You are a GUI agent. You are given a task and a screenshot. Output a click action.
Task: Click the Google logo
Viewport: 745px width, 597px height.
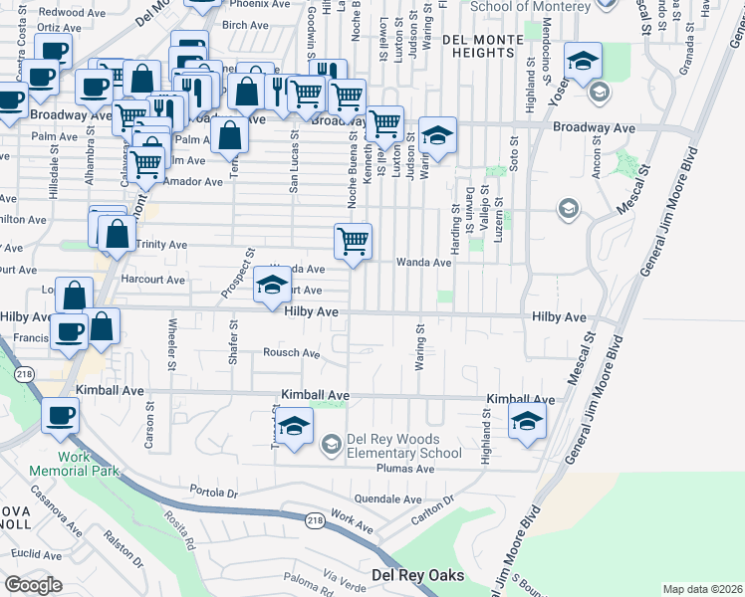(33, 585)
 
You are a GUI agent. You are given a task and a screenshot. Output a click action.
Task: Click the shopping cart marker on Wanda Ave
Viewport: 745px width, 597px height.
(354, 242)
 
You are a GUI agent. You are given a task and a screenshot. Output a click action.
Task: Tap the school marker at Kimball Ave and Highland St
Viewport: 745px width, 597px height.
(527, 420)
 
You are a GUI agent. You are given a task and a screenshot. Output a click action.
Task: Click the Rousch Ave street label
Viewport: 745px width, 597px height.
(291, 352)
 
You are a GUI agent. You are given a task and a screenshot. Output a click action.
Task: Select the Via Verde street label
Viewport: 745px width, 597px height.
(347, 580)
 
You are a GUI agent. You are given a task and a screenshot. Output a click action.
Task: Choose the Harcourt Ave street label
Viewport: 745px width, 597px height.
(152, 280)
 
